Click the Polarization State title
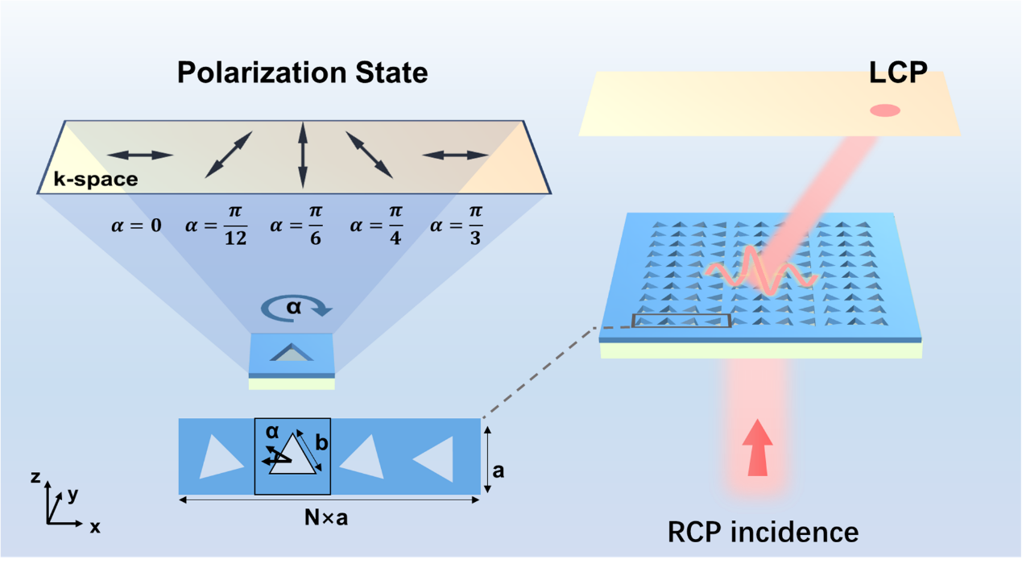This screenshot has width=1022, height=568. (x=302, y=73)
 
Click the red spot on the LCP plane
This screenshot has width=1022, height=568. (x=885, y=111)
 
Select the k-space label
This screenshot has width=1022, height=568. (x=95, y=180)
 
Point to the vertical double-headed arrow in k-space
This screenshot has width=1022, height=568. (x=302, y=155)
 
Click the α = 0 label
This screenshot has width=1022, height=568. (x=135, y=226)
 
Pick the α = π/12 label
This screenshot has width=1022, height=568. (x=215, y=226)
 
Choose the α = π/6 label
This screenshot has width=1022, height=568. (x=296, y=226)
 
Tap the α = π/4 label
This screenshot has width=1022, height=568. (x=376, y=226)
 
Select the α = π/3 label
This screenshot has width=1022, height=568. (x=457, y=226)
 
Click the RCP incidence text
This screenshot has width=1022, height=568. (x=762, y=532)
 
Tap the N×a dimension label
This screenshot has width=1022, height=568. (x=325, y=518)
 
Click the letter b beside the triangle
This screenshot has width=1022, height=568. (x=321, y=442)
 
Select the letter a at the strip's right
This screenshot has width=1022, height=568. (x=499, y=470)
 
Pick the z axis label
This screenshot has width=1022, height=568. (x=35, y=478)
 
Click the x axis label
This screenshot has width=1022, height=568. (x=95, y=527)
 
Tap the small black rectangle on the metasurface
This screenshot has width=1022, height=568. (x=682, y=321)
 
